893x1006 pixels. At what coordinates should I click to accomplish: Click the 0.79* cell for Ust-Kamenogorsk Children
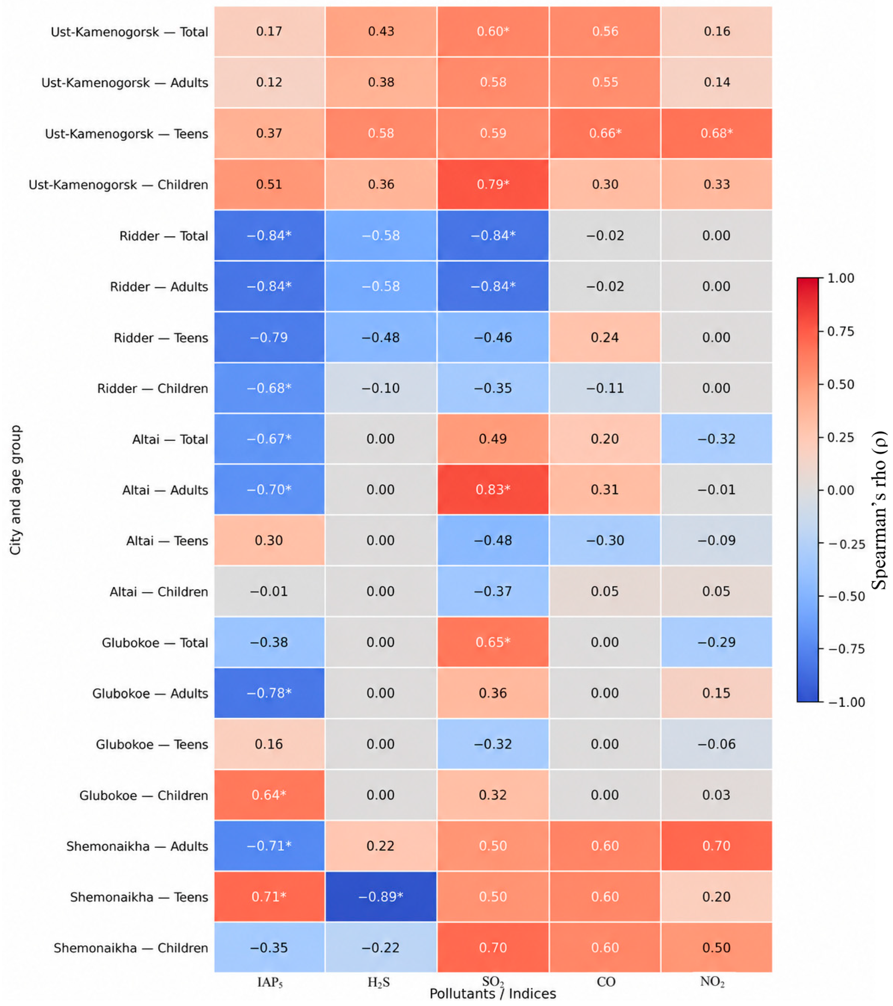tap(493, 184)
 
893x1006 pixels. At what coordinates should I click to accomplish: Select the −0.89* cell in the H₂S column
tap(381, 896)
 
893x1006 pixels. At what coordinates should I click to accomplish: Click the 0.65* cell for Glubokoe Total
tap(493, 642)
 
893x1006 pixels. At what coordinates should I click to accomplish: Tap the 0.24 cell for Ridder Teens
tap(605, 337)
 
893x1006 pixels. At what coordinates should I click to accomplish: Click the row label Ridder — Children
tap(153, 388)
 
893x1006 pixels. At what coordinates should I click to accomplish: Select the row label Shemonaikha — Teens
tap(139, 897)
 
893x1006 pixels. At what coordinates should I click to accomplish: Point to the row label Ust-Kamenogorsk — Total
tap(129, 32)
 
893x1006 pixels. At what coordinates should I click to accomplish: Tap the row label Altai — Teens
tap(167, 540)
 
